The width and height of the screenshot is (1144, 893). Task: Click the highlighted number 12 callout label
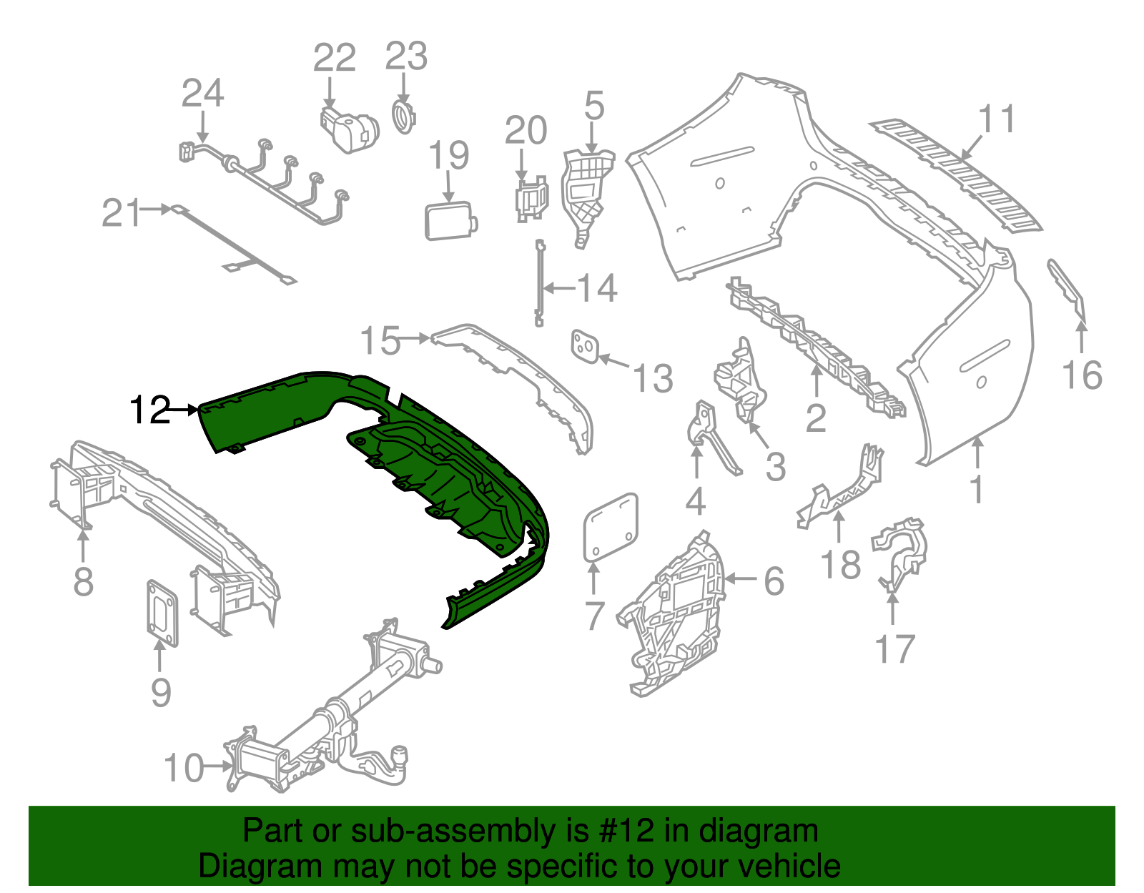pos(150,410)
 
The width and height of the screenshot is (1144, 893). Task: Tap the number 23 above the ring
pos(406,57)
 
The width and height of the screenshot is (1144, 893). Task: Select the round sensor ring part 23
pos(403,117)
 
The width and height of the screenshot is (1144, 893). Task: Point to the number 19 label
pos(449,156)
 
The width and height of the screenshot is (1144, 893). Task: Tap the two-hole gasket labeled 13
pos(584,347)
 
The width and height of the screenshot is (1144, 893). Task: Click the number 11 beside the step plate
pos(997,119)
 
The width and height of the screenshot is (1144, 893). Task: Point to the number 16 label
pos(1082,375)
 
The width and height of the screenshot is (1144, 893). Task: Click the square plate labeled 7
pos(611,528)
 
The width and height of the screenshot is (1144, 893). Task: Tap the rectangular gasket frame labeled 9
pos(162,612)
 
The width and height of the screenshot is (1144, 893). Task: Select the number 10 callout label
pos(184,768)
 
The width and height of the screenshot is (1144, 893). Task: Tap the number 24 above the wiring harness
pos(202,94)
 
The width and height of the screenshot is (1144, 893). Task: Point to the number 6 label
pos(774,581)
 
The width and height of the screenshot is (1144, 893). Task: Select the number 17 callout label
pos(894,649)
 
